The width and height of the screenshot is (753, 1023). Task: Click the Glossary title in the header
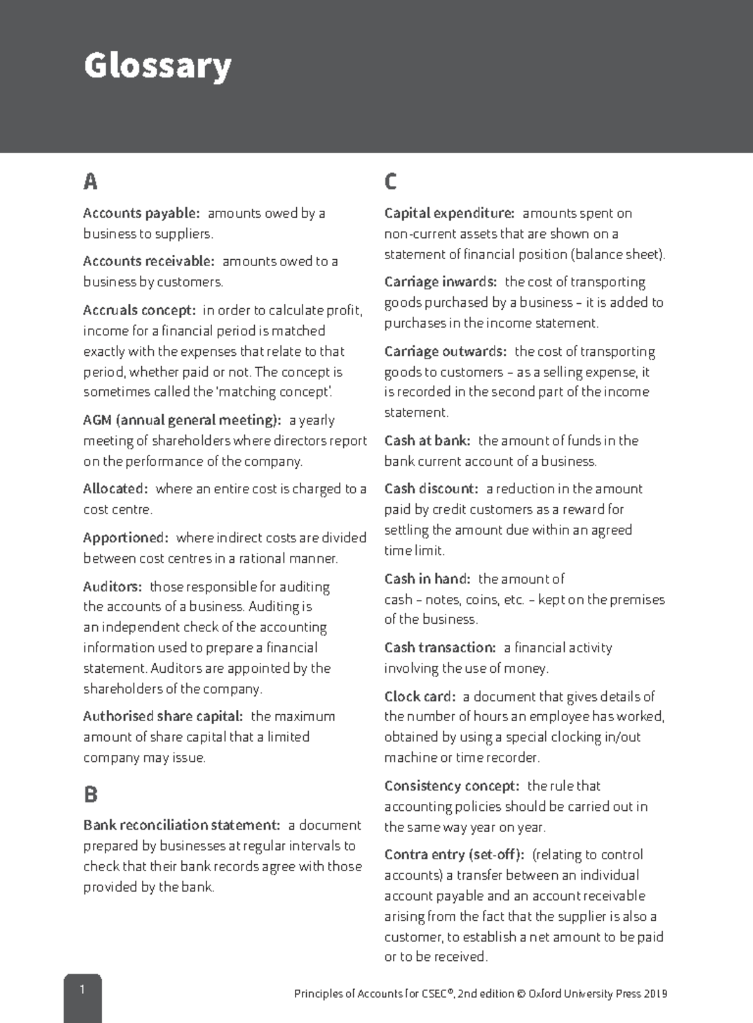(x=158, y=66)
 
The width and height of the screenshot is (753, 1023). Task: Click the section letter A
(x=90, y=182)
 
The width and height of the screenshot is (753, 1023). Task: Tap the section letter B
(x=90, y=795)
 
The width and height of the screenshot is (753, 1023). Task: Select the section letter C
(x=390, y=182)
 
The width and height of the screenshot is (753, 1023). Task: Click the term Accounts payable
(x=141, y=213)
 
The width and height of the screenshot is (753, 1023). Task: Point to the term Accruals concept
(x=139, y=311)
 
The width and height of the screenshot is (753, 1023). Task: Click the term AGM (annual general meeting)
(x=182, y=420)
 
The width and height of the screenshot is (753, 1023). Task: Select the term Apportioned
(x=125, y=538)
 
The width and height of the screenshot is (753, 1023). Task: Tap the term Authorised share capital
(x=163, y=717)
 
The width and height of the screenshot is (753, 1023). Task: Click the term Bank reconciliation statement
(x=181, y=825)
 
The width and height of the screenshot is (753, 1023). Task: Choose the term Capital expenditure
(x=449, y=213)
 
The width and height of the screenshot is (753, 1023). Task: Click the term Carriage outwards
(x=445, y=351)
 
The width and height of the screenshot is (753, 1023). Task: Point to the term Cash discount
(x=431, y=489)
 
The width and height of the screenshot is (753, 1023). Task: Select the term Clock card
(x=420, y=697)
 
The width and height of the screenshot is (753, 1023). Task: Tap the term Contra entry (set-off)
(x=454, y=855)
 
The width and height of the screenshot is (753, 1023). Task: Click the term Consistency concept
(x=451, y=786)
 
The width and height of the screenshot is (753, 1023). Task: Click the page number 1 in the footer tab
(x=82, y=990)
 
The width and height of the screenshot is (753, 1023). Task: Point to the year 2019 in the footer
(x=656, y=994)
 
